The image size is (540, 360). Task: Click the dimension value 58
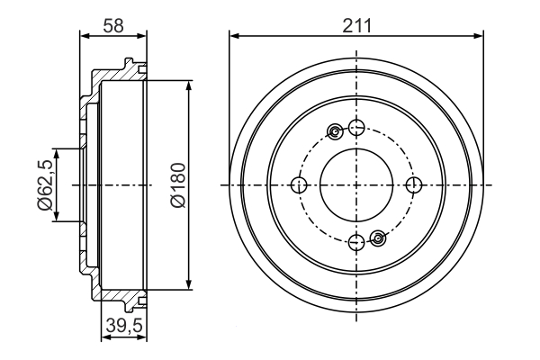point(113,25)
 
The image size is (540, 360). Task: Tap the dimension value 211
point(357,25)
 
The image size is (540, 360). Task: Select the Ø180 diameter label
point(178,185)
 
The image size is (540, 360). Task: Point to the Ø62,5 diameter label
point(46,185)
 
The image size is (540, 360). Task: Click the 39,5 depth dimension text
point(124,326)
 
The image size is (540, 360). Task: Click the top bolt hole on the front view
point(356,128)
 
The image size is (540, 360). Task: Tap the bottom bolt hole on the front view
point(356,242)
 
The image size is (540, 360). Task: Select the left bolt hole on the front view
point(299,185)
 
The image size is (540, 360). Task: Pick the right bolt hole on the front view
point(414,185)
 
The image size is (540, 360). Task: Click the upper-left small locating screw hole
point(335,131)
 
